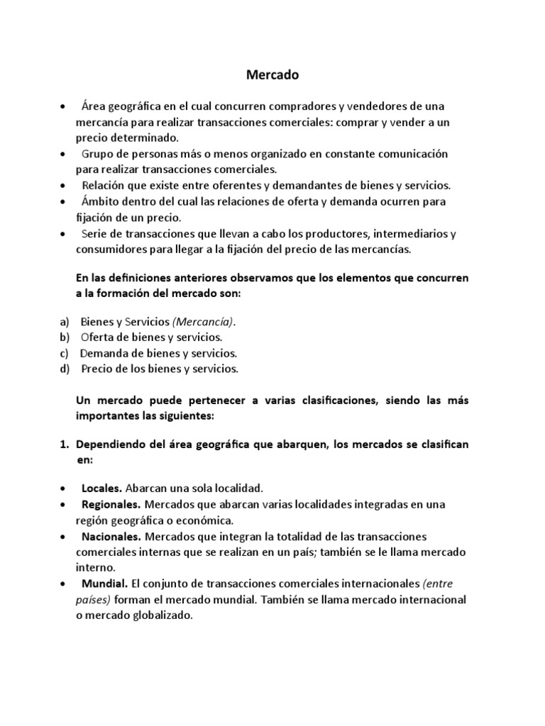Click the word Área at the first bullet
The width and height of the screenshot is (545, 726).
click(x=96, y=106)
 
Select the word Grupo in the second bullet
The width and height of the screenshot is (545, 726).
click(x=97, y=154)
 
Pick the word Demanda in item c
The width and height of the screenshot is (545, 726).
click(x=104, y=353)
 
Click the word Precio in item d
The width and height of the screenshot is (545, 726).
click(x=98, y=369)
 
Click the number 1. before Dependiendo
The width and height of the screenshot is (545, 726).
click(x=63, y=444)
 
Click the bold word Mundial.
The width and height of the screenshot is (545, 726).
click(x=104, y=584)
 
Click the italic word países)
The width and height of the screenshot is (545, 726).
click(x=94, y=601)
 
